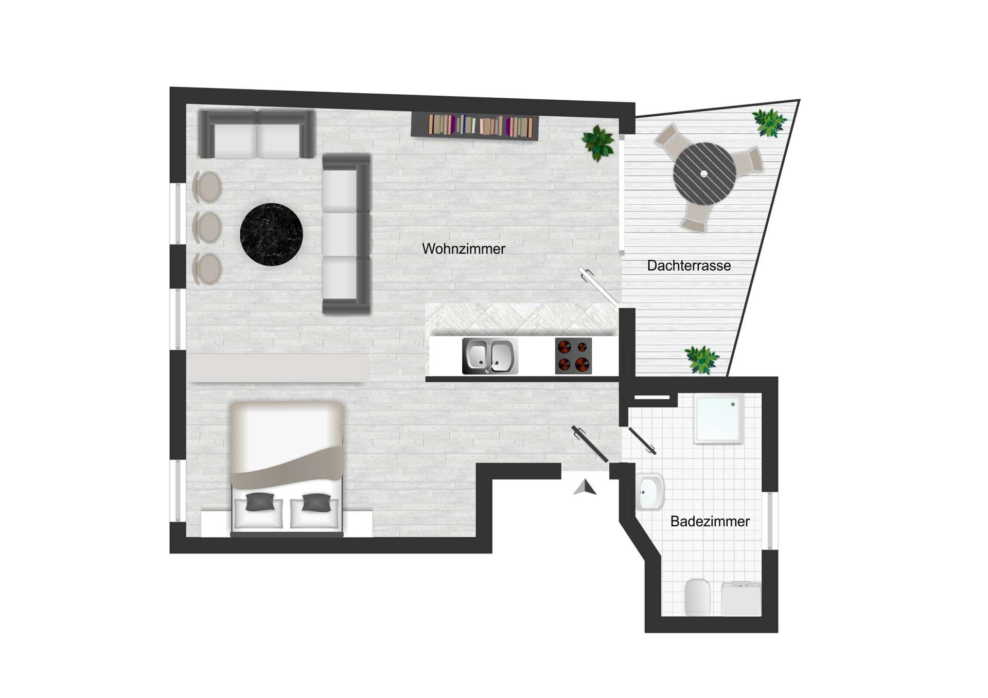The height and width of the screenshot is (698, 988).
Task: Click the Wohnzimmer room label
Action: coord(463,249)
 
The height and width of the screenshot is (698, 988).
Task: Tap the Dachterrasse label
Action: coord(689,266)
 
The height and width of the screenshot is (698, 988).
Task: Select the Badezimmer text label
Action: coord(710,522)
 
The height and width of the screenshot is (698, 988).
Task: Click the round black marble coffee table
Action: coord(271,235)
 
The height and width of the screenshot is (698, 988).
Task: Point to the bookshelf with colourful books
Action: coord(474,126)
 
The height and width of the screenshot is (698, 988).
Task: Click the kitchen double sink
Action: coord(489,356)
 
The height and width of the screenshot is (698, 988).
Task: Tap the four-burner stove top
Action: coord(573,356)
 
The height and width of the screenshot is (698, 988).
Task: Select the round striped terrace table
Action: coord(703,174)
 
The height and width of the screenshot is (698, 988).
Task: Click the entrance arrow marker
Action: coord(585,488)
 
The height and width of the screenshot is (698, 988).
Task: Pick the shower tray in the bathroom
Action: coord(719,418)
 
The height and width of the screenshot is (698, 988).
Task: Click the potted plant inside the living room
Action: coord(598,142)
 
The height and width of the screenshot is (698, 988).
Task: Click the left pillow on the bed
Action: coord(260,502)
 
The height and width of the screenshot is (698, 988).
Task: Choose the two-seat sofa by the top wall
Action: coord(256,135)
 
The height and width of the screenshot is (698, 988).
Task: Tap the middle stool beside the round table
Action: coord(207,227)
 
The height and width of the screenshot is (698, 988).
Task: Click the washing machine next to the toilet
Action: coord(741,598)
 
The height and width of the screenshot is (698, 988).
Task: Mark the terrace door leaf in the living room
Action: coord(598,287)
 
